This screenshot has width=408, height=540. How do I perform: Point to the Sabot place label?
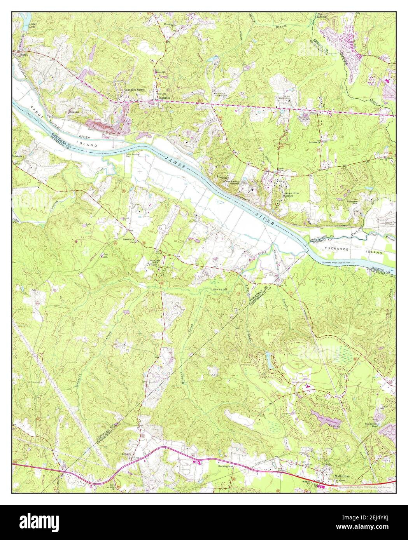coord(25,55)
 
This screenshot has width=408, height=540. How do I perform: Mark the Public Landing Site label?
coord(132,156)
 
